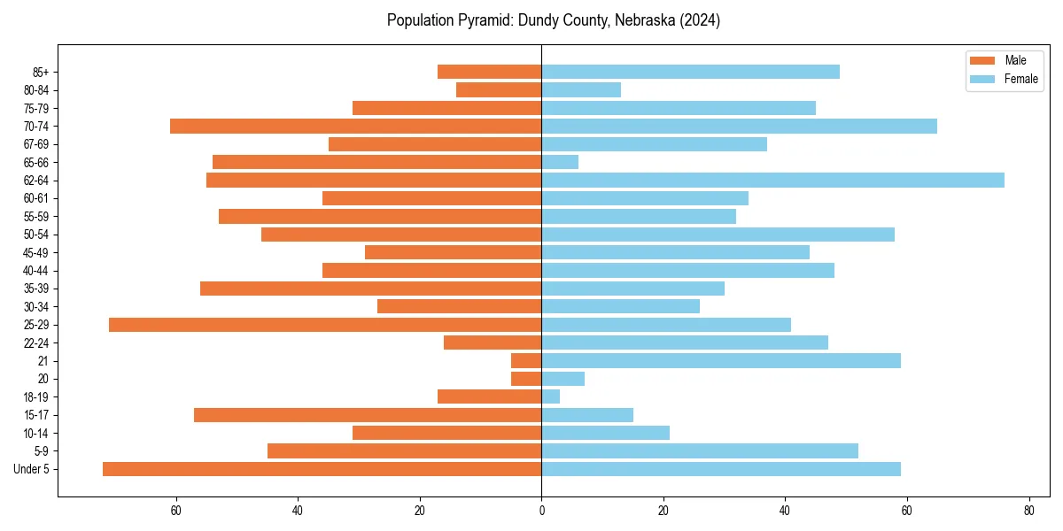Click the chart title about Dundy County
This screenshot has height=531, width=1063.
pyautogui.click(x=554, y=20)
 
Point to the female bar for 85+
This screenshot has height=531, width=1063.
pyautogui.click(x=690, y=72)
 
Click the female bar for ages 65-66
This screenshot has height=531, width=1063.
pyautogui.click(x=560, y=162)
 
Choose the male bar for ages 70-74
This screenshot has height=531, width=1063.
pyautogui.click(x=355, y=126)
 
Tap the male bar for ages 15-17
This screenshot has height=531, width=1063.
pyautogui.click(x=368, y=415)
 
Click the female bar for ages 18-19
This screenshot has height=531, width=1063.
pyautogui.click(x=550, y=396)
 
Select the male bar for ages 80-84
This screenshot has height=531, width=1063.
pyautogui.click(x=499, y=89)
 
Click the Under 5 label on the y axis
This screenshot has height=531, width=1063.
pyautogui.click(x=31, y=469)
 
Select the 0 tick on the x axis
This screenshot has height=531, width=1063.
pyautogui.click(x=541, y=511)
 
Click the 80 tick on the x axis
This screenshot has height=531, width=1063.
pyautogui.click(x=1028, y=511)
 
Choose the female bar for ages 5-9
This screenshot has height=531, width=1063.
pyautogui.click(x=700, y=450)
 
